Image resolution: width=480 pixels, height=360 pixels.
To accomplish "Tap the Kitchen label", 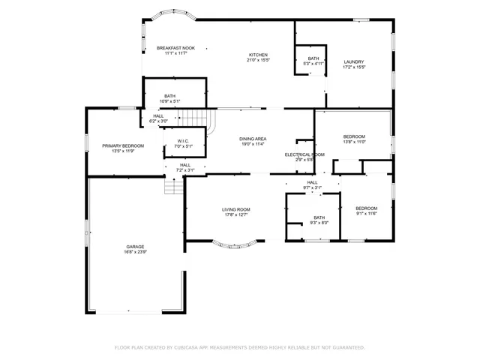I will (x=259, y=55).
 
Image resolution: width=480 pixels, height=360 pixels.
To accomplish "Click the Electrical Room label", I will (x=304, y=154).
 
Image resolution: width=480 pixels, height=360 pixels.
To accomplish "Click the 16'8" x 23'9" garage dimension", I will (x=135, y=252).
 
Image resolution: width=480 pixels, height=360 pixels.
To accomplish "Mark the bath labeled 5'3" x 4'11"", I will (x=313, y=61).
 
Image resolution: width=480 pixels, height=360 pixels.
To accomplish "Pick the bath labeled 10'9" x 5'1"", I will (x=169, y=98).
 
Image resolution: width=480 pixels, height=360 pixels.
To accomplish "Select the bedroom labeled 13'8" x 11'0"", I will (x=353, y=139).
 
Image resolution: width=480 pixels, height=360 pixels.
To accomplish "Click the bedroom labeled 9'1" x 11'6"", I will (x=366, y=211).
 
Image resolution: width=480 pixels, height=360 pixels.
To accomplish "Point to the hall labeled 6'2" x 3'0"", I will (x=157, y=118).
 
